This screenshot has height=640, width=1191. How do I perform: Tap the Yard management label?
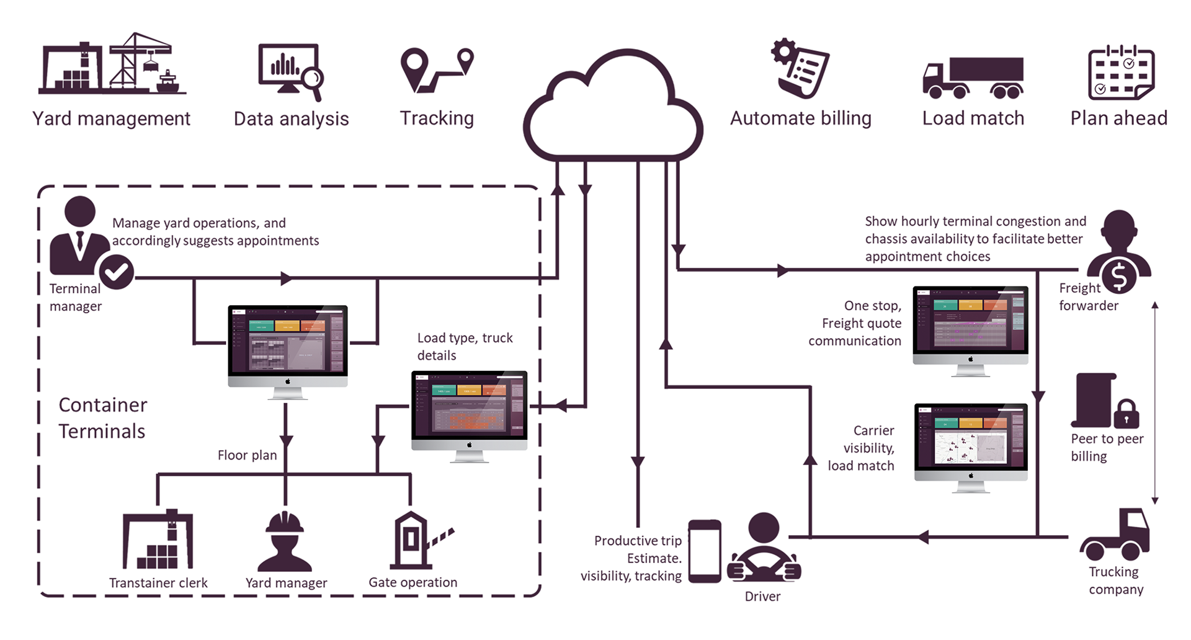click(x=111, y=118)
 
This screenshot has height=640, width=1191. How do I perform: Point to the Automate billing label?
click(x=800, y=118)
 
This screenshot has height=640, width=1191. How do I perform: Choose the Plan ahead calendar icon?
click(x=1121, y=73)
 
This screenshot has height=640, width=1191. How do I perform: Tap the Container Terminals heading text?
click(x=102, y=418)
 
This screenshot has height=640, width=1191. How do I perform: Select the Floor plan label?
click(x=247, y=455)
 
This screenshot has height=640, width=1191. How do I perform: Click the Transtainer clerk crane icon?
click(x=158, y=540)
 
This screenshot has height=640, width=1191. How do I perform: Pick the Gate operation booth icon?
click(x=413, y=540)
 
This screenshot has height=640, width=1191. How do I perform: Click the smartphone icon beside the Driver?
click(x=705, y=551)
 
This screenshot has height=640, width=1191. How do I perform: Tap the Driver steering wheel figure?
click(x=764, y=548)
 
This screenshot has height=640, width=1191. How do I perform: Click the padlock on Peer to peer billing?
click(x=1126, y=414)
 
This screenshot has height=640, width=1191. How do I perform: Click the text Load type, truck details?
click(x=465, y=347)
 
